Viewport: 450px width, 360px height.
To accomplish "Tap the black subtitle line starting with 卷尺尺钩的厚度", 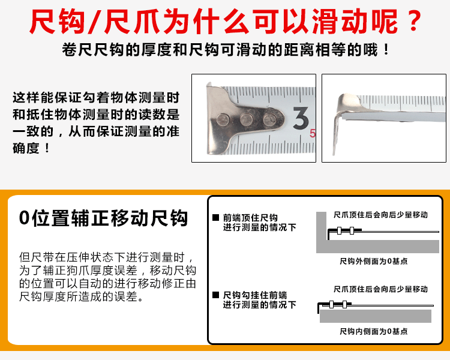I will (225, 50).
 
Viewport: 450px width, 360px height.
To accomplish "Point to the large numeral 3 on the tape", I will (300, 118).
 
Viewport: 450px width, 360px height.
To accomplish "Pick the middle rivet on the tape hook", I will (245, 120).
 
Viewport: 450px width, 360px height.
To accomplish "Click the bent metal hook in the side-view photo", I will (343, 108).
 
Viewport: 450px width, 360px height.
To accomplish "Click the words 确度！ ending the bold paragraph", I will (30, 147).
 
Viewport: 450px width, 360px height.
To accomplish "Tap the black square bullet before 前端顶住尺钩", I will (215, 218).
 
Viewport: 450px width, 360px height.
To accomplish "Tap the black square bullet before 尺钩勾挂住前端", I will (215, 295).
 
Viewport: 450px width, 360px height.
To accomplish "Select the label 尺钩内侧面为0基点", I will (373, 331).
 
